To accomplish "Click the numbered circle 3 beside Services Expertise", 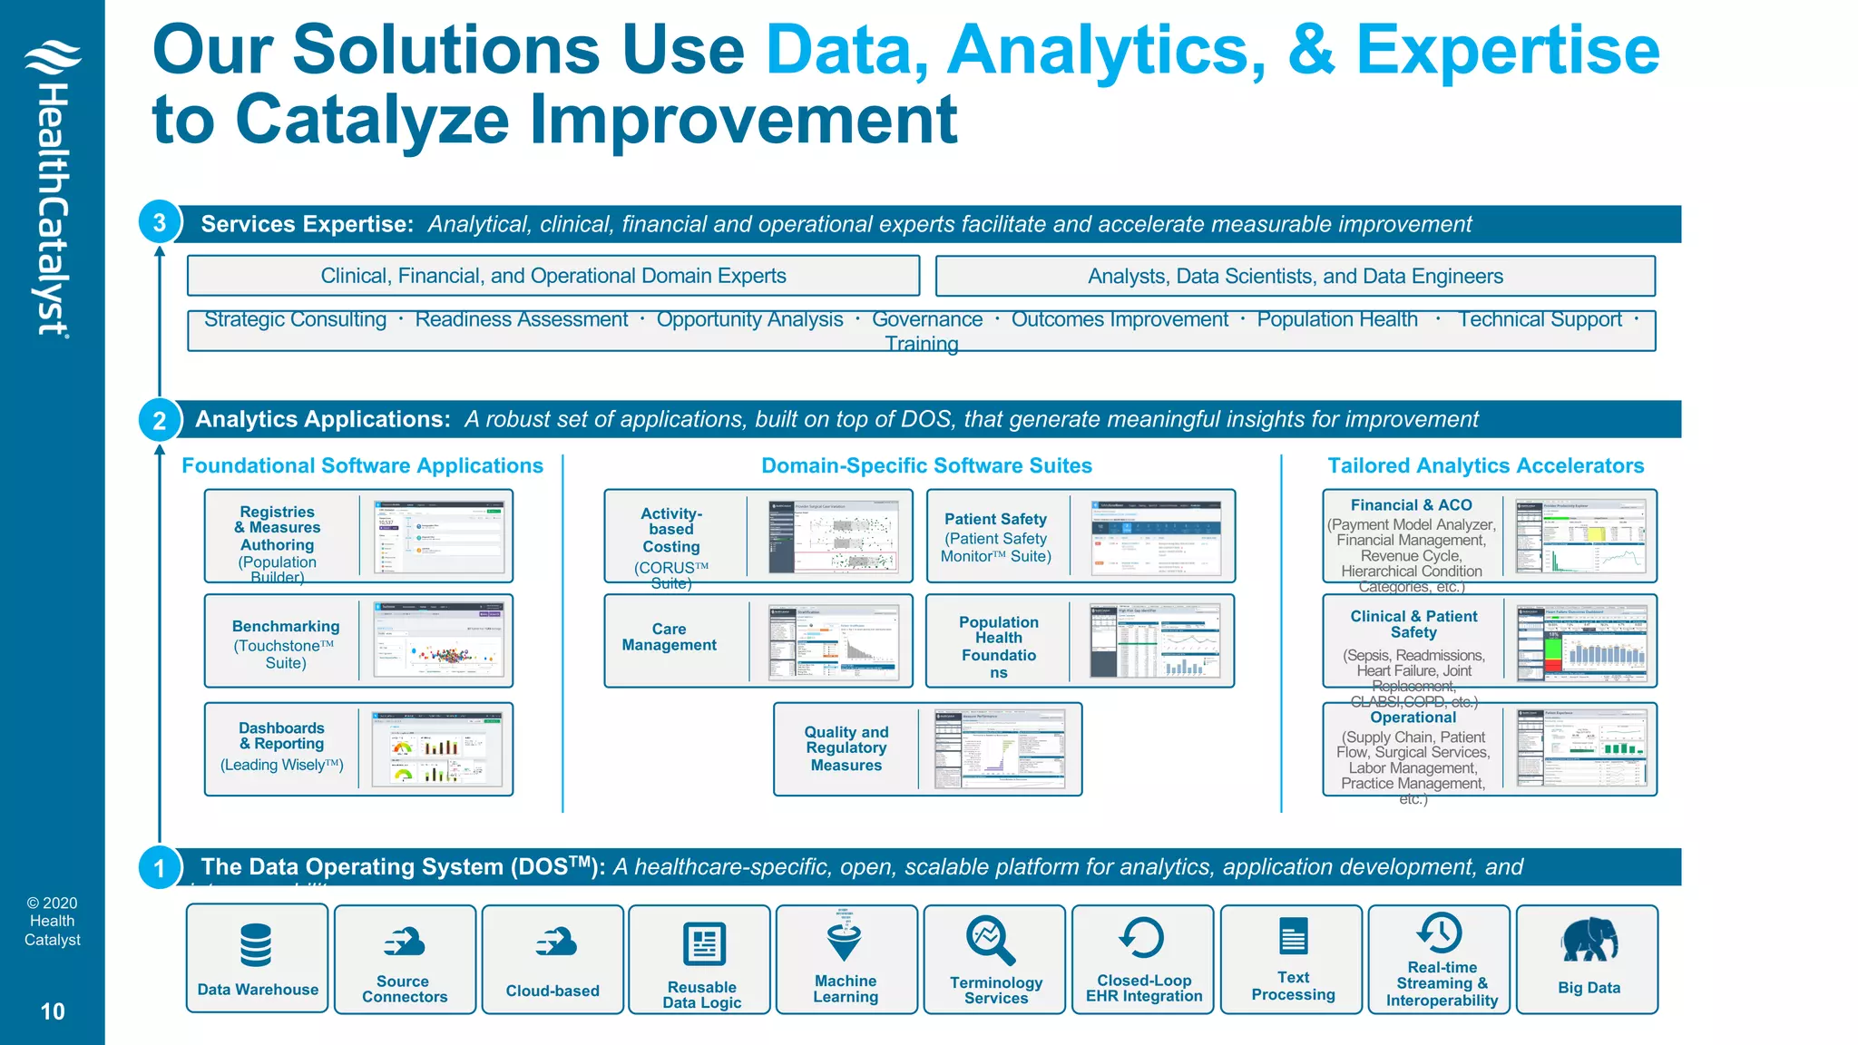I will tap(160, 222).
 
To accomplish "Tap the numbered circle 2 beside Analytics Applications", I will tap(160, 420).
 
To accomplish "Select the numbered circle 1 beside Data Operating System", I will tap(160, 868).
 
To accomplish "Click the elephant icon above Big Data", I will tap(1589, 940).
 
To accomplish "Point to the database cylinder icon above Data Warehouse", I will tap(256, 944).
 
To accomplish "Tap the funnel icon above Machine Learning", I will tap(845, 937).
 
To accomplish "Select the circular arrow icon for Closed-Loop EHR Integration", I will tap(1141, 937).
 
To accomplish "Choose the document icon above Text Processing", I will tap(1293, 936).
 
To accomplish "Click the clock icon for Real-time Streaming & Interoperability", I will tap(1440, 932).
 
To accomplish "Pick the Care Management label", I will tap(670, 637).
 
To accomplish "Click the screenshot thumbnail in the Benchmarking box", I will tap(439, 640).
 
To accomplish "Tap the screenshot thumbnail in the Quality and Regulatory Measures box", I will tap(1000, 748).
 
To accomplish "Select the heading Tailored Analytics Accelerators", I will tap(1485, 465).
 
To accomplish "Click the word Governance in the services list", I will tap(926, 319).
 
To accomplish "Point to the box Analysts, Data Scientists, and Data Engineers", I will tap(1295, 276).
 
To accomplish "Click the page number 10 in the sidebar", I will tap(53, 1011).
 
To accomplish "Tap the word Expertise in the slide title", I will tap(1507, 50).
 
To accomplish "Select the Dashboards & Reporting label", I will tap(281, 736).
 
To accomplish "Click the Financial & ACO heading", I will tap(1411, 505).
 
